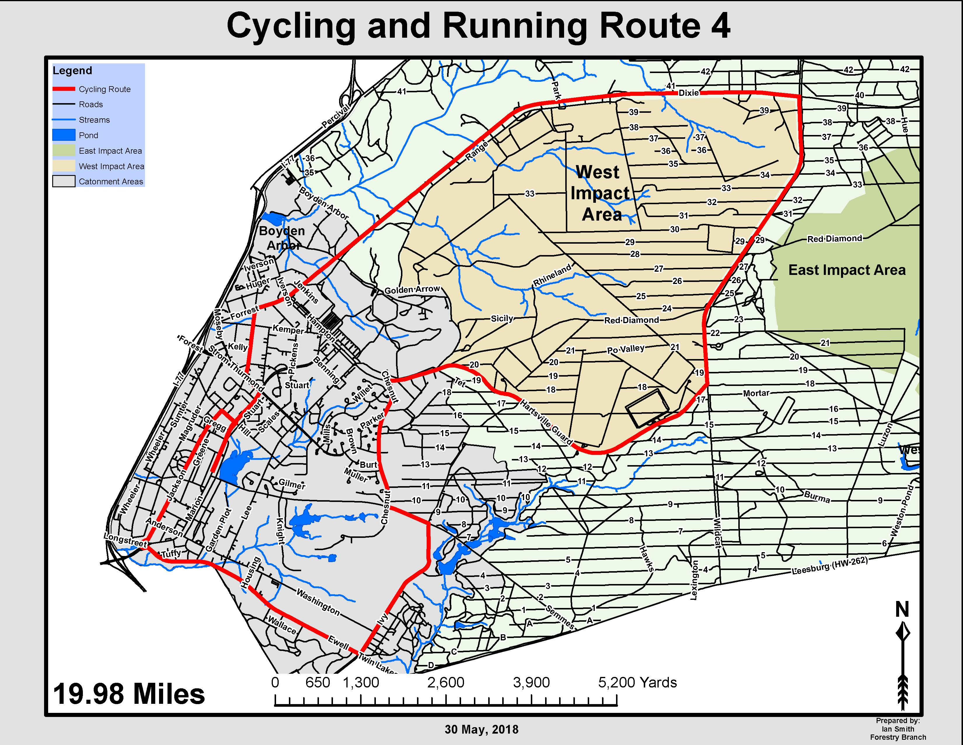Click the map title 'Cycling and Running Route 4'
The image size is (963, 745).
pos(478,27)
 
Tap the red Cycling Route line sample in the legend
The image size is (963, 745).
pos(64,89)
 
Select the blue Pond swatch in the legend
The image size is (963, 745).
pos(64,135)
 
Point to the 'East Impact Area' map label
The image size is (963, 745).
pos(847,270)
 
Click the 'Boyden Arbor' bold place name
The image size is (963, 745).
pos(282,238)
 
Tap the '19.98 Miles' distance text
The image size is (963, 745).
pos(129,694)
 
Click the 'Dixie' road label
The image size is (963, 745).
pos(688,93)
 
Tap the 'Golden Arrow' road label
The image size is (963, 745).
pos(412,290)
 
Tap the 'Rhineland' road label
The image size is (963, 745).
pos(552,275)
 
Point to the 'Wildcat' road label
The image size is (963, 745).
pos(717,533)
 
